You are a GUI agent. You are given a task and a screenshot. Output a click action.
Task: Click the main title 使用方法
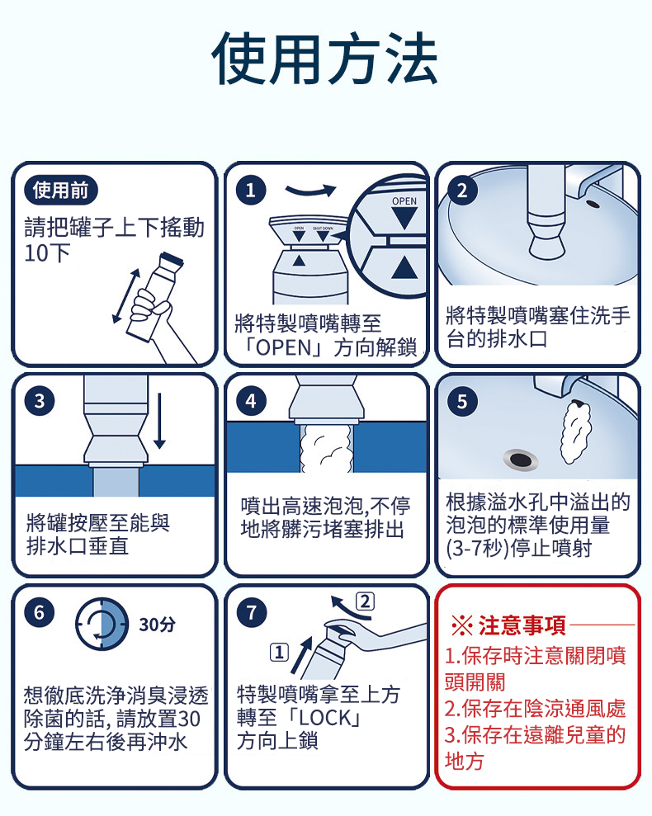[325, 59]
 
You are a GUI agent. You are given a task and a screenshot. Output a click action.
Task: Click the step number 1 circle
[250, 191]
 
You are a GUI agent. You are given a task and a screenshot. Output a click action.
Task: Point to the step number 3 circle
[39, 402]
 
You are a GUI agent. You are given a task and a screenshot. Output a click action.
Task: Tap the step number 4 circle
[250, 402]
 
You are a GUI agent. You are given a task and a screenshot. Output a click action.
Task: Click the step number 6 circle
[39, 612]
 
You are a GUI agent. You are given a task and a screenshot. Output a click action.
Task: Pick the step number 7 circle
[250, 612]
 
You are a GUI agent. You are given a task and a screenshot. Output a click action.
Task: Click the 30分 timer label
[157, 624]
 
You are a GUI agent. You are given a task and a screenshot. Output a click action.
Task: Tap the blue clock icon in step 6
[102, 624]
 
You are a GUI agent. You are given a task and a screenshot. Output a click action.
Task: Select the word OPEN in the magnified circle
[404, 201]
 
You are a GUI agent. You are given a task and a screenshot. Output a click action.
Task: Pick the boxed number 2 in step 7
[365, 600]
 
